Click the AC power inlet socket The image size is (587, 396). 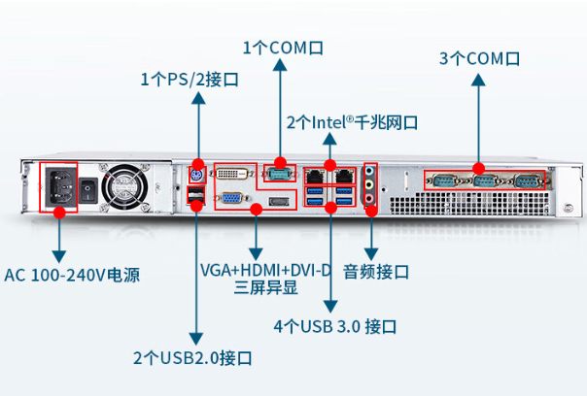point(58,184)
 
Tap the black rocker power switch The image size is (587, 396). point(89,188)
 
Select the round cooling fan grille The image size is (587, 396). point(126,184)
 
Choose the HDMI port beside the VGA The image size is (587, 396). point(278,201)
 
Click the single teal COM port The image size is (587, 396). point(279,173)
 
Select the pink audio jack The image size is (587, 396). point(370,199)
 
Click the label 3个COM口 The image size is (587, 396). point(479,58)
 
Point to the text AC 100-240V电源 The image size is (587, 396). point(72,275)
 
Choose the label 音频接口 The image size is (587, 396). point(375,271)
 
